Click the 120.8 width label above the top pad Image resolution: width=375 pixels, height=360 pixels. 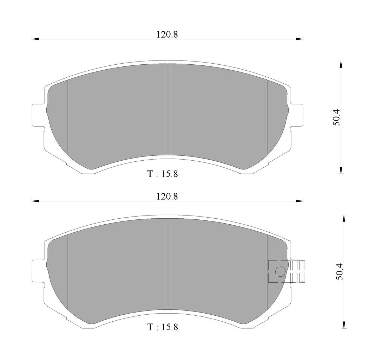(167, 35)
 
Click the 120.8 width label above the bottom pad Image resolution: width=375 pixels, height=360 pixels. (167, 197)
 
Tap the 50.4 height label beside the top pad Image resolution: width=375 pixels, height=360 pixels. (336, 117)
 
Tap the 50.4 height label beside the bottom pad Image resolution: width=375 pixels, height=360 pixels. (340, 272)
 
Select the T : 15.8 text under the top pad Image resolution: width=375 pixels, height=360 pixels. (163, 174)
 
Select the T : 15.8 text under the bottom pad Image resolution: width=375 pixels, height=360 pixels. (163, 327)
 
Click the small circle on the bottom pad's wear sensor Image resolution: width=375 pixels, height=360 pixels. (280, 271)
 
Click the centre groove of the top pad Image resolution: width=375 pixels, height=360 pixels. (167, 109)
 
